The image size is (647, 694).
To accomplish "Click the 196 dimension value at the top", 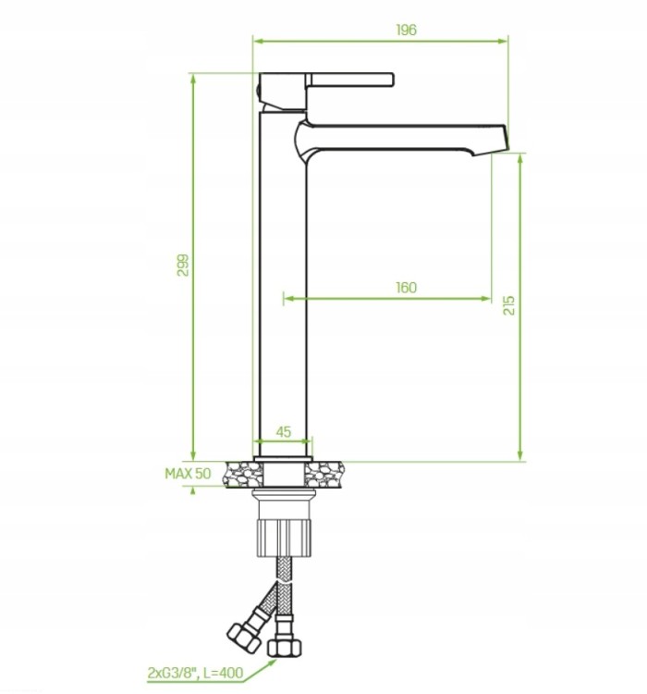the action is [406, 30].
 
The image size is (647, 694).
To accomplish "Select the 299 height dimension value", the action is [183, 266].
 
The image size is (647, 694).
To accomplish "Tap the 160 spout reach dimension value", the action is [406, 288].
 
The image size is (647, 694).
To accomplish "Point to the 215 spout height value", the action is [509, 305].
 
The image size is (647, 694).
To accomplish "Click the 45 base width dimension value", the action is [284, 431].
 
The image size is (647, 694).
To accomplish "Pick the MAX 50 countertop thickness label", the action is [188, 474].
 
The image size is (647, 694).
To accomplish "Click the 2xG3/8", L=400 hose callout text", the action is [195, 674].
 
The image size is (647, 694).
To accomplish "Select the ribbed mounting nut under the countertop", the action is [285, 538].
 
